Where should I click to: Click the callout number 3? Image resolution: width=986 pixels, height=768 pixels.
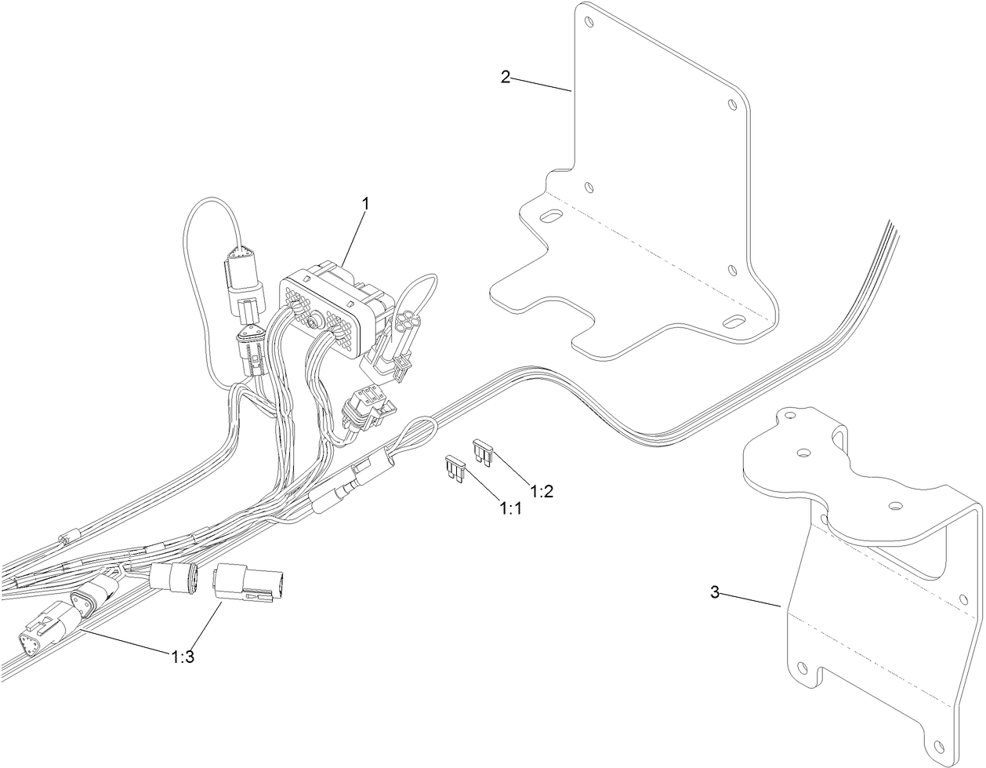click(714, 592)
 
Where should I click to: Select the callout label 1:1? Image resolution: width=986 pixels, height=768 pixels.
click(511, 509)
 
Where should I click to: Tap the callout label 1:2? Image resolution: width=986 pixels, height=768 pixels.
click(542, 492)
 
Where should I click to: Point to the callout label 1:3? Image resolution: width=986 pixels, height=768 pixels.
click(183, 657)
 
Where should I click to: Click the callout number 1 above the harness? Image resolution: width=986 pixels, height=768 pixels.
click(364, 203)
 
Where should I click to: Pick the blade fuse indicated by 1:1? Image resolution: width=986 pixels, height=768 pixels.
click(455, 468)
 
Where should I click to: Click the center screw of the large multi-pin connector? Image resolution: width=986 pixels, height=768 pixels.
click(313, 320)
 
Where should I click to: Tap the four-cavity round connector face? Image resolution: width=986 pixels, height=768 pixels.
click(409, 322)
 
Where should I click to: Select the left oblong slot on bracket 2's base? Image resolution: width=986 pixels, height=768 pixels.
click(551, 217)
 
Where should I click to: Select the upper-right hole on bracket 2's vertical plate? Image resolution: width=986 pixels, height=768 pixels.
click(732, 103)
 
